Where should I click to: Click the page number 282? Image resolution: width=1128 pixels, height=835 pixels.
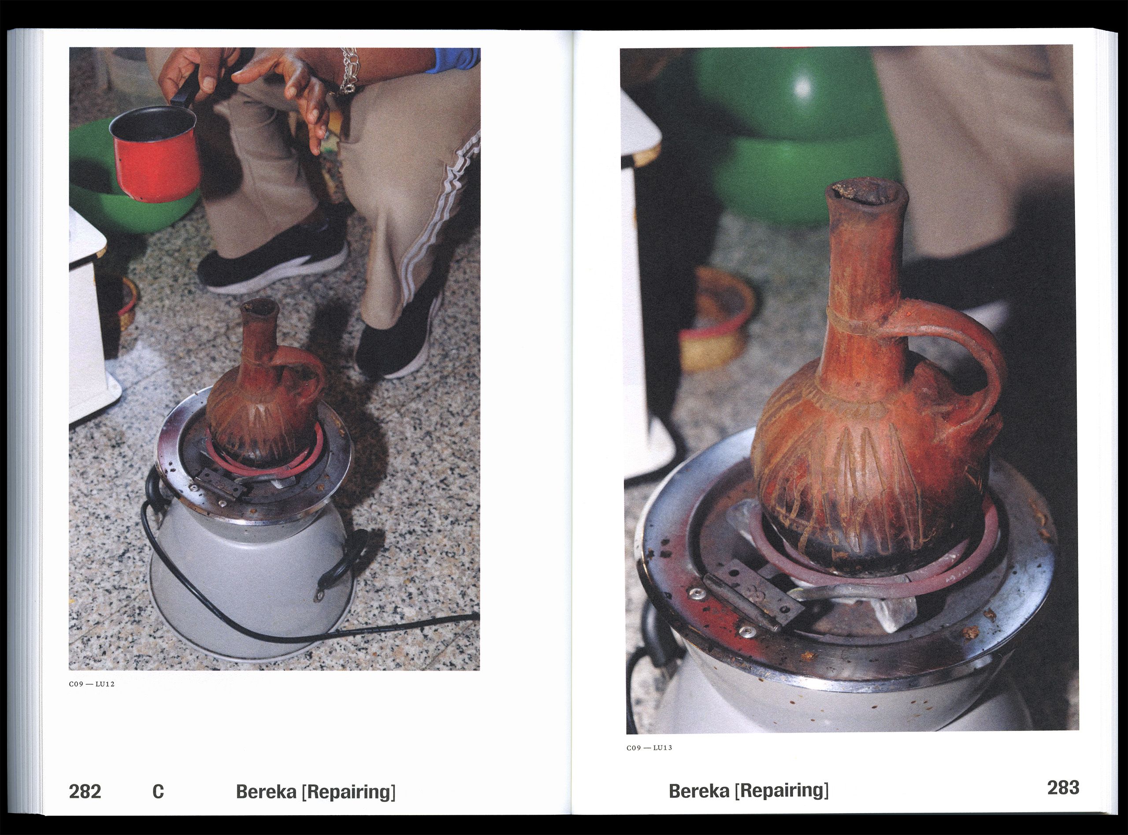pyautogui.click(x=85, y=790)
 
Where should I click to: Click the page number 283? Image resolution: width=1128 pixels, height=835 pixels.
pyautogui.click(x=1063, y=787)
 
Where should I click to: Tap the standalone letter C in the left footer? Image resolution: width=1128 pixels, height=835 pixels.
pyautogui.click(x=158, y=791)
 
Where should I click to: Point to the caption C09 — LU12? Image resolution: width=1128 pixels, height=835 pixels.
pyautogui.click(x=92, y=684)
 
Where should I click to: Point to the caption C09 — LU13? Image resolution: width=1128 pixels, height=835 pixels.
pyautogui.click(x=649, y=748)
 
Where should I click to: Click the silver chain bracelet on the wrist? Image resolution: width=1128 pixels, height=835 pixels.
pyautogui.click(x=348, y=71)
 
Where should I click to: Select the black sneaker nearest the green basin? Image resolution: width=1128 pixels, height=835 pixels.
pyautogui.click(x=273, y=258)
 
